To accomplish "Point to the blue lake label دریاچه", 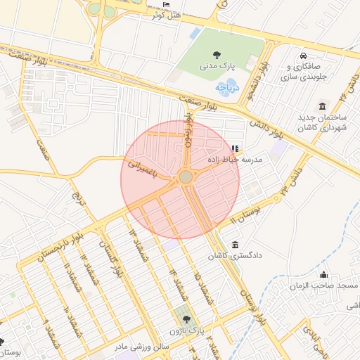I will [228, 88].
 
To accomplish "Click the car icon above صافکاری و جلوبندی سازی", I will [302, 56].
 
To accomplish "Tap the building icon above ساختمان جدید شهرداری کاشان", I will [322, 106].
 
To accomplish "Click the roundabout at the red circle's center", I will [186, 177].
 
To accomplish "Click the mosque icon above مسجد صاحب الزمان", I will [323, 274].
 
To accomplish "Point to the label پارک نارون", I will [186, 330].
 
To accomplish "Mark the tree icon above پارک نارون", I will [186, 319].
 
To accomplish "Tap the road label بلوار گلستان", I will [109, 266].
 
